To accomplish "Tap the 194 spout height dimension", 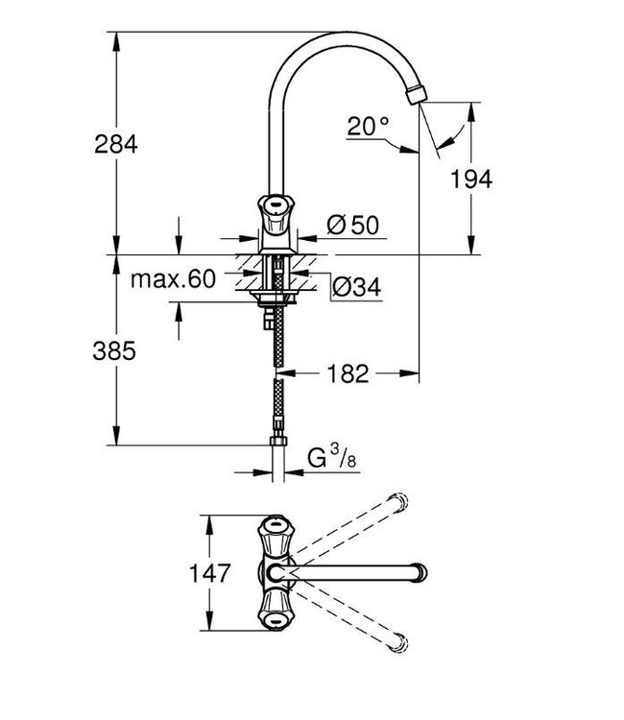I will click(x=469, y=179).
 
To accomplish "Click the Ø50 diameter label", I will click(x=352, y=225).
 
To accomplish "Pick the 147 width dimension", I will click(x=209, y=574).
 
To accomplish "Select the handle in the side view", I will click(x=275, y=206).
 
